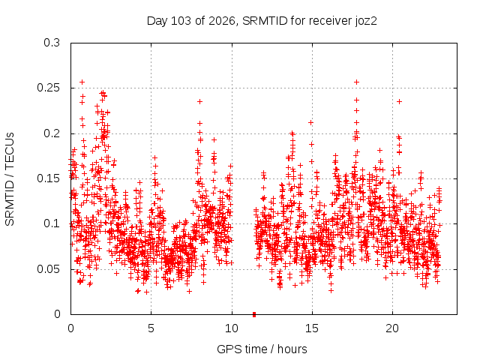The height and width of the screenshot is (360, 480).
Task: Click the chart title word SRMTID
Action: (265, 21)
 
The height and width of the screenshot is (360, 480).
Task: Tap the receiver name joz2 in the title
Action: (366, 22)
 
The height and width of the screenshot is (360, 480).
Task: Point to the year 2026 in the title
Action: (222, 21)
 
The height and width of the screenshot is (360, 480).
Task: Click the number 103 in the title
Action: (181, 21)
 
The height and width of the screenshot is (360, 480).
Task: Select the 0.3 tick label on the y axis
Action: (52, 43)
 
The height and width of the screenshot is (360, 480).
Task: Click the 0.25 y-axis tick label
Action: (48, 88)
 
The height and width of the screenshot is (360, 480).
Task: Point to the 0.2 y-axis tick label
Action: (52, 133)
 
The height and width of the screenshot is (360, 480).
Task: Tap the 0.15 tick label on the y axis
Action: (48, 178)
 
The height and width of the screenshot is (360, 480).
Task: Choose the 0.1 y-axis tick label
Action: (52, 223)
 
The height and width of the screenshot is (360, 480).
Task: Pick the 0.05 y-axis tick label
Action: (48, 269)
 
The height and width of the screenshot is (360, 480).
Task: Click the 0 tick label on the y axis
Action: (57, 314)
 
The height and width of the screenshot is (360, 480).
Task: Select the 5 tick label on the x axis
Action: (151, 328)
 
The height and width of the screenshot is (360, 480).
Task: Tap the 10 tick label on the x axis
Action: (232, 328)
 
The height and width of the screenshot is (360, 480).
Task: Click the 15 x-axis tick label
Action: (312, 328)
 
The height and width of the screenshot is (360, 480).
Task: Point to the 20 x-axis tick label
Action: (392, 328)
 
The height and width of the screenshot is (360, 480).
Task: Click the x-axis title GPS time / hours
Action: (262, 349)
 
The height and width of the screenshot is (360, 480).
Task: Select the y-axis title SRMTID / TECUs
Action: (10, 179)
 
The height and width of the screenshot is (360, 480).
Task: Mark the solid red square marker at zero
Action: (254, 314)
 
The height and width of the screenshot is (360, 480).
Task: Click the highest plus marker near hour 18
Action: (356, 82)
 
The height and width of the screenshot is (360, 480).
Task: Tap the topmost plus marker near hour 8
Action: (200, 102)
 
